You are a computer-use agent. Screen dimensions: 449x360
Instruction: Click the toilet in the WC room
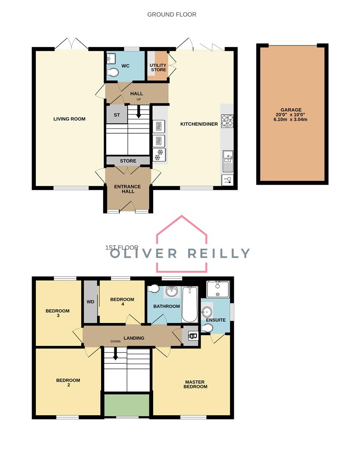tap(112, 73)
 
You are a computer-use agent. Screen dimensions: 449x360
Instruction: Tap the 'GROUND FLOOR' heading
tap(171, 15)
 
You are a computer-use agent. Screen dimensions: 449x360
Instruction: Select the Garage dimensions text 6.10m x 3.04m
tap(290, 120)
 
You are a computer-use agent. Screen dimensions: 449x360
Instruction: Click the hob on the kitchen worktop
tap(227, 120)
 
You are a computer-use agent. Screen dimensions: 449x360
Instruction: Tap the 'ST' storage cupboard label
tap(116, 115)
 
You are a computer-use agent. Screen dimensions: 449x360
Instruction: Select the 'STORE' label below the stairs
tap(128, 160)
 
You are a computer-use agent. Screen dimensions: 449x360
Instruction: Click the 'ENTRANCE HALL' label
tap(127, 189)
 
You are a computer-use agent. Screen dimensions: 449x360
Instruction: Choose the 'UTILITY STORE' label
tap(158, 67)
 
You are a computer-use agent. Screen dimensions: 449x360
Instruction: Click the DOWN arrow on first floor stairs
tap(115, 354)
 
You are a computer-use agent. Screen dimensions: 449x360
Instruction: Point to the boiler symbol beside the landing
tap(192, 336)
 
